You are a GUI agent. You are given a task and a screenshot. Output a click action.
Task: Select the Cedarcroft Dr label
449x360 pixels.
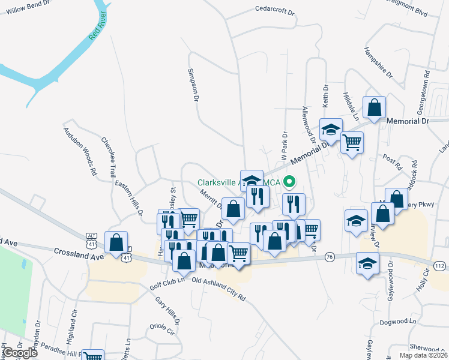(x=275, y=11)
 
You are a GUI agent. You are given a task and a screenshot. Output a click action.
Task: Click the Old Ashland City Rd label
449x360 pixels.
(x=218, y=289)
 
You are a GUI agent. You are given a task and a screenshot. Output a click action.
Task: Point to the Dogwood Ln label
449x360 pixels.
(x=398, y=322)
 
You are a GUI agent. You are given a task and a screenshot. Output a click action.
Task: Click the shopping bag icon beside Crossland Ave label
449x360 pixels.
(x=116, y=242)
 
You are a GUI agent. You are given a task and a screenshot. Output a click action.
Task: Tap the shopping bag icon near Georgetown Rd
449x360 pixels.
(x=374, y=108)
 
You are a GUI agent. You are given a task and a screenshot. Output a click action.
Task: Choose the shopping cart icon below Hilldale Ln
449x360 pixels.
(x=352, y=143)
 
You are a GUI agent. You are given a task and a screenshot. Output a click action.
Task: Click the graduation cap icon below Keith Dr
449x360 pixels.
(x=330, y=129)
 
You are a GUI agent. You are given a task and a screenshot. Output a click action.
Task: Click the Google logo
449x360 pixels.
(x=20, y=353)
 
